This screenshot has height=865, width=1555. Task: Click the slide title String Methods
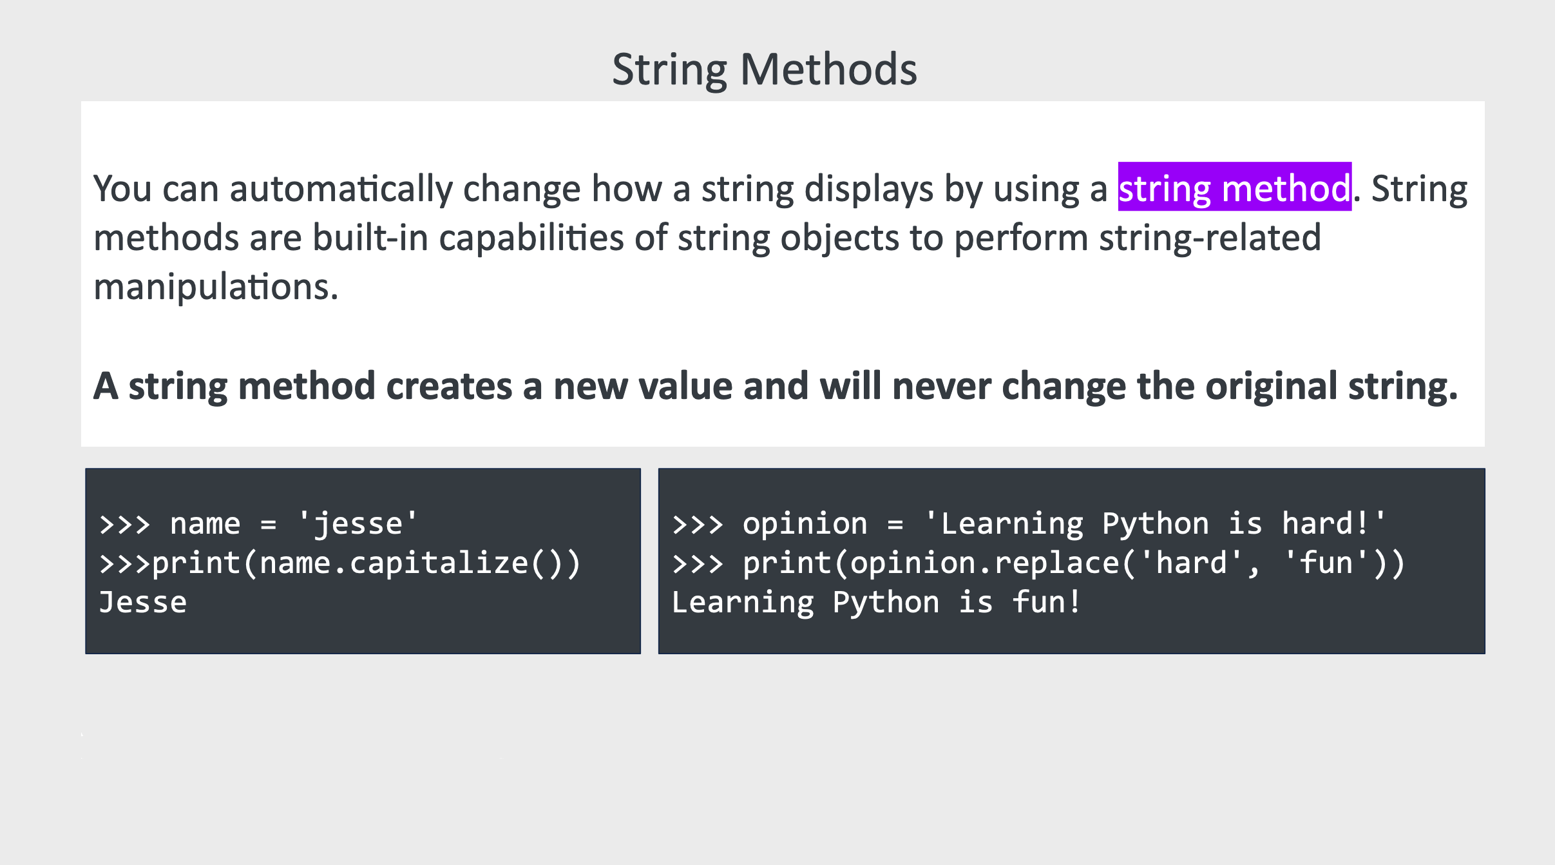coord(765,70)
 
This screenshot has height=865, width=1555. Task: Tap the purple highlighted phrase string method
coord(1234,188)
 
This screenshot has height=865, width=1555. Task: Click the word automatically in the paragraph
coord(341,190)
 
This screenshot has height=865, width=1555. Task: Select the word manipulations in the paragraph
coord(216,287)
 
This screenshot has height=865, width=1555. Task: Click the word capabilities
coord(531,238)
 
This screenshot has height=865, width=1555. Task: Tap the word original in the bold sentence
coord(1272,387)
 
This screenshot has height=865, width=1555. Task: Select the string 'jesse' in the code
coord(358,523)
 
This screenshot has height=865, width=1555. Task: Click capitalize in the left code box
coord(439,563)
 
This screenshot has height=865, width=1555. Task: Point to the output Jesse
coord(143,603)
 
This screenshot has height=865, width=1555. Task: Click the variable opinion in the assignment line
coord(805,523)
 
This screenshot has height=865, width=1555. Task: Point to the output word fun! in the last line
coord(1046,603)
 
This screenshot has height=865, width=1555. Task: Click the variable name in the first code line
coord(205,525)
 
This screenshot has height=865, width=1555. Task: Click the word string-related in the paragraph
coord(1210,238)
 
